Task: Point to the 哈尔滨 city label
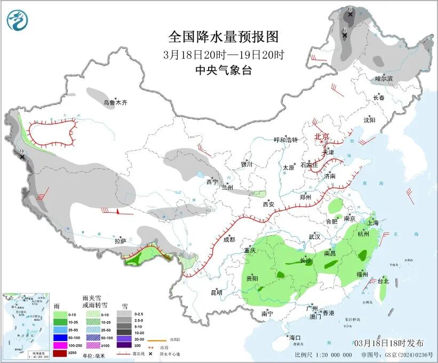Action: tap(384, 79)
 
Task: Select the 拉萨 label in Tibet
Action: tap(120, 241)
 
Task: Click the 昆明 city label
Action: tap(216, 292)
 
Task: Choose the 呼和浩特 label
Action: tap(285, 140)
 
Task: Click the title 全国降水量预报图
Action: tap(224, 37)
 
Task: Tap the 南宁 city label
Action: tap(268, 314)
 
